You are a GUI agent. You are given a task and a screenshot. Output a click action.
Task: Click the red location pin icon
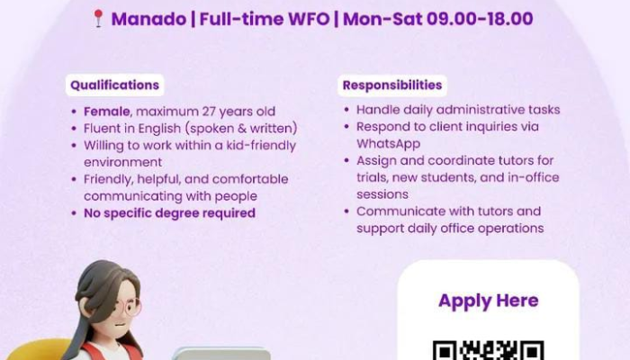point(98,19)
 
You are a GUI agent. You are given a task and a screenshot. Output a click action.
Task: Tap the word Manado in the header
point(148,19)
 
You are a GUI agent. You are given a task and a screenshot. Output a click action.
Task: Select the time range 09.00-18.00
point(480,19)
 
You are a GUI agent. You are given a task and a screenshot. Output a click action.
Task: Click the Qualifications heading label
point(115,85)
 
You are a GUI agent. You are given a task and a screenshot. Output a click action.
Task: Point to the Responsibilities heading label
point(392,85)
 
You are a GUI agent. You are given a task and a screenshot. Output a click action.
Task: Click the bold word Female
point(106,112)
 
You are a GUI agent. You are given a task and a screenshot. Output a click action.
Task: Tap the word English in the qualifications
point(159,129)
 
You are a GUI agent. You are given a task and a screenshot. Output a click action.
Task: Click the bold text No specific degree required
point(169,213)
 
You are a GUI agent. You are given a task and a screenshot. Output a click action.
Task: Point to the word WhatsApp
point(388,144)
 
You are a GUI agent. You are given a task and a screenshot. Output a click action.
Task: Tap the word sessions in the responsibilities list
point(382,194)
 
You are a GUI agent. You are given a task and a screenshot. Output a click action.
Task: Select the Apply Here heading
point(488,301)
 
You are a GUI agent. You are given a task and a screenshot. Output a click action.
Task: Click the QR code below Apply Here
point(488,350)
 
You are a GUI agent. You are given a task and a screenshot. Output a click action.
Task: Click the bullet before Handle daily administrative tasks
point(346,110)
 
